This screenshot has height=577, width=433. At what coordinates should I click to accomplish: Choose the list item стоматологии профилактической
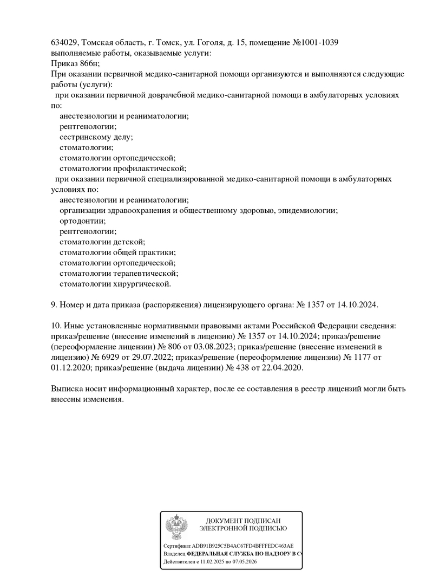coord(122,168)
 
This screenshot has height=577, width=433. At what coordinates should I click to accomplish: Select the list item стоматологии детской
coord(102,242)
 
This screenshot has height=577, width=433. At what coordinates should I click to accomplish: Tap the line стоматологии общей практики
coord(117,252)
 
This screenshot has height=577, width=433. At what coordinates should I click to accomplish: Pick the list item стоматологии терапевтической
coord(119,273)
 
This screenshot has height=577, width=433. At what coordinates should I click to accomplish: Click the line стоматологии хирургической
coord(115,283)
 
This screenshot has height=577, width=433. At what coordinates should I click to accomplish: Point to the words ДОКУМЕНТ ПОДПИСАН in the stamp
coord(243,521)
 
